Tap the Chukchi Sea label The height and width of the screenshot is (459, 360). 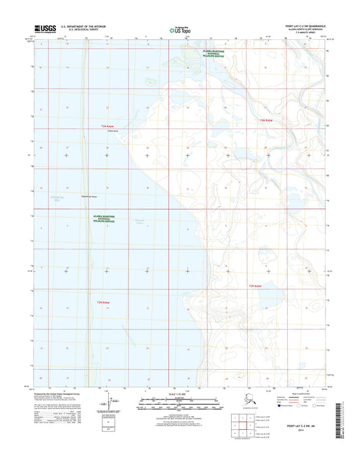[41, 197]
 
